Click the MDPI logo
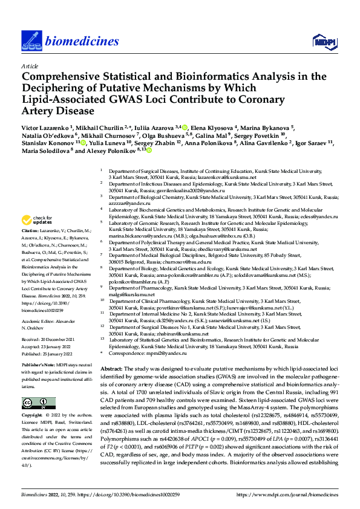pos(322,41)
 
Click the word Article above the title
pos(29,66)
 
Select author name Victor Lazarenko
pos(45,128)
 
